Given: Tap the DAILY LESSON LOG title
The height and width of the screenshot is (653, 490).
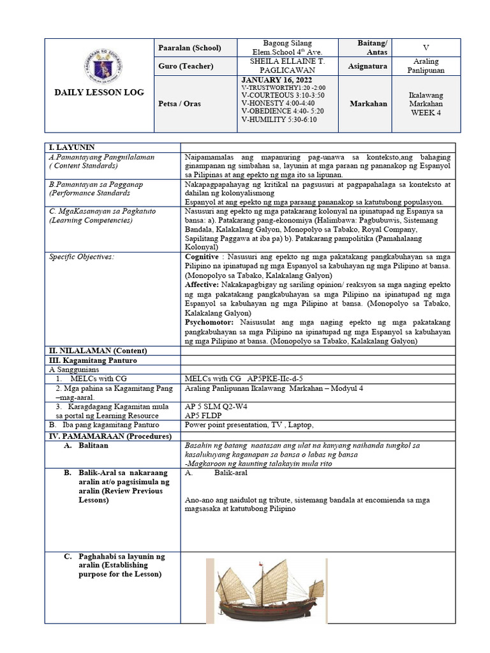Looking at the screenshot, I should pos(99,93).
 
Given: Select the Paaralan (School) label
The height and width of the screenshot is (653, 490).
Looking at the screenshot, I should pos(189,48).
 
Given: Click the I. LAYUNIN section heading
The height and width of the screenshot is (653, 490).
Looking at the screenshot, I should pos(72,147).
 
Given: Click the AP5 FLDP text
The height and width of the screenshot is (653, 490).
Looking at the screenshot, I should pos(203,415).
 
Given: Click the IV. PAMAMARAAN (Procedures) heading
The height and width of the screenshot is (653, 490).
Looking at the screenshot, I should pos(110,436).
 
